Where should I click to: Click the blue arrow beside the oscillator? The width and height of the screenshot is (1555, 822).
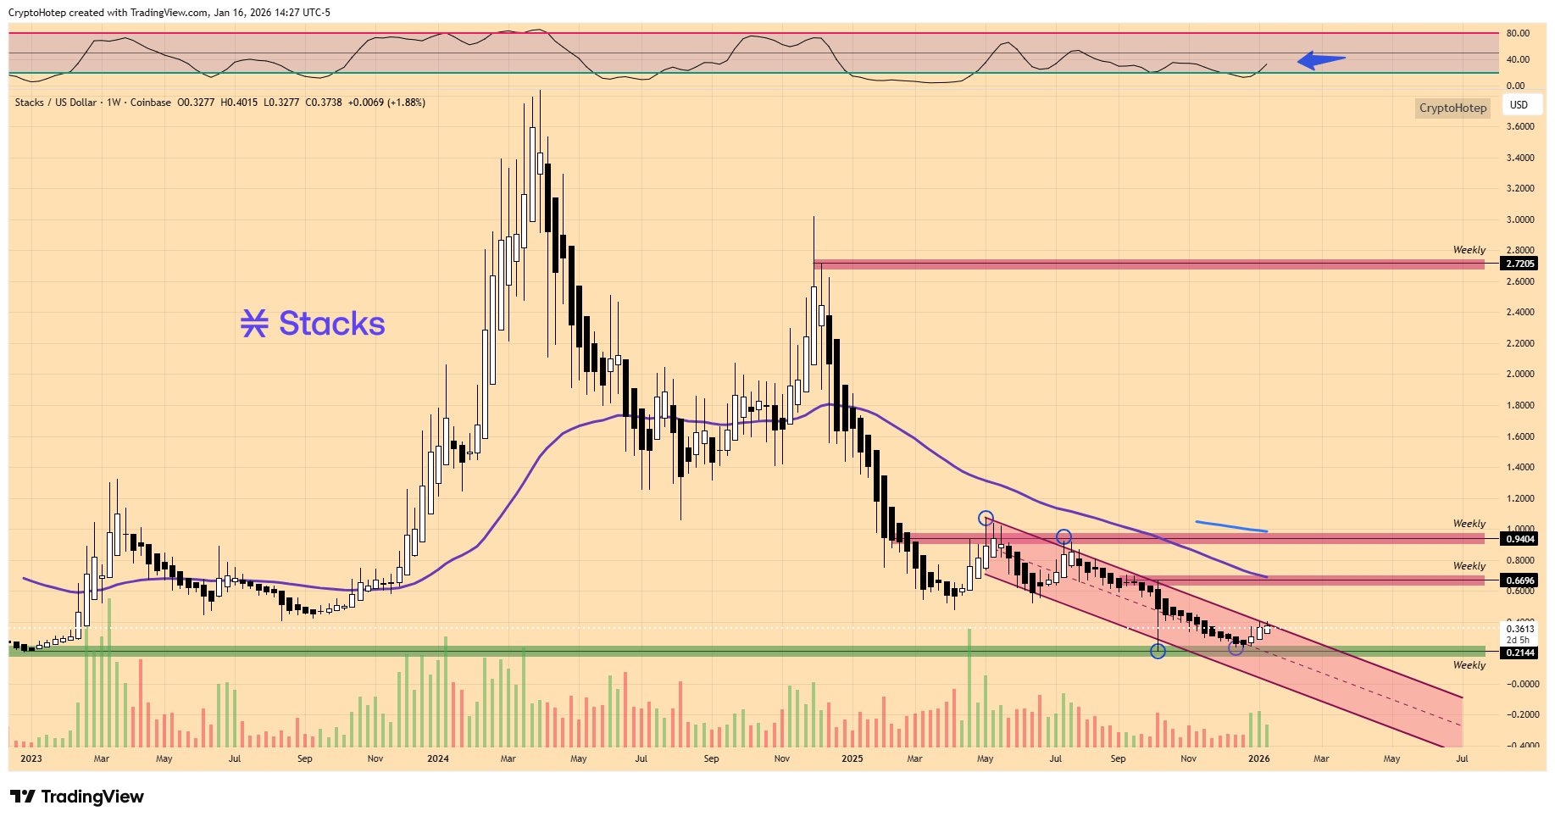1320,59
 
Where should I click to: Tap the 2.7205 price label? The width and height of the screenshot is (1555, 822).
1519,264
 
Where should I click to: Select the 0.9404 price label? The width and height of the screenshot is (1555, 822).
1519,539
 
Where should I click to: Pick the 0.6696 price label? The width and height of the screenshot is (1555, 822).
1519,580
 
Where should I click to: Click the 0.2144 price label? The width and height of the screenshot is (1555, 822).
1519,653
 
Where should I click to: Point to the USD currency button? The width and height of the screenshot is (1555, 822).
1519,105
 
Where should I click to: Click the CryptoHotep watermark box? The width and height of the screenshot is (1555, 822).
1452,108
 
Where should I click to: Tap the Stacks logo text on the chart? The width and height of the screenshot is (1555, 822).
313,324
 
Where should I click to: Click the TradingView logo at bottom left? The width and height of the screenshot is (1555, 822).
77,797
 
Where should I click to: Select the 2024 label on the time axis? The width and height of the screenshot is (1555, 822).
437,758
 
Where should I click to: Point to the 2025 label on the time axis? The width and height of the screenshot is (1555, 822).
852,758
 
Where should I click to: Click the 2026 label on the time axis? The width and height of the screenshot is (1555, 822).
1258,758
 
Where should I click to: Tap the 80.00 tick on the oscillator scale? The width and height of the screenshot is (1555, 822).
1517,33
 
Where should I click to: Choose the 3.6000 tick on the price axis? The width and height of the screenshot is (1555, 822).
1520,126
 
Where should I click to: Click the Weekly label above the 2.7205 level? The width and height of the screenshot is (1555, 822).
1469,250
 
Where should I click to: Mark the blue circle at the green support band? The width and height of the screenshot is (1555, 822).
1158,651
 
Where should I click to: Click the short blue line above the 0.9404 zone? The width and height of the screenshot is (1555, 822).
1231,526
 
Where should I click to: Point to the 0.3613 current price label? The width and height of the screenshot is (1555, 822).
1519,629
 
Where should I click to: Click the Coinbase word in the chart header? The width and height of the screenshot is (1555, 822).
150,103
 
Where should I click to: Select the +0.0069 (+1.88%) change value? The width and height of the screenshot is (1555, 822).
386,103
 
